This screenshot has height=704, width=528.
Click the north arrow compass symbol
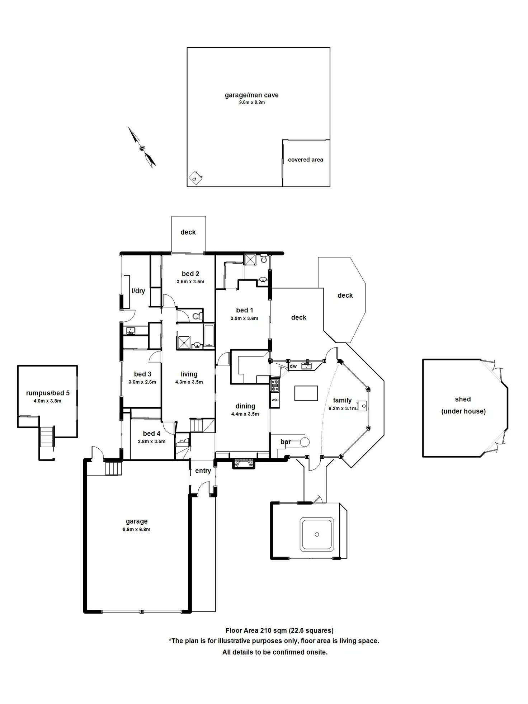click(142, 147)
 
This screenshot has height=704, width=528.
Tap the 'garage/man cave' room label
click(251, 95)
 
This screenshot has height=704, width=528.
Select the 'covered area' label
click(305, 160)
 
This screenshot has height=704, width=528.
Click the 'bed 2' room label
click(190, 274)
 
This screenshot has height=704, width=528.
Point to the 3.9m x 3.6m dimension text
click(244, 318)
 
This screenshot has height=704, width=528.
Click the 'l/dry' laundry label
click(138, 291)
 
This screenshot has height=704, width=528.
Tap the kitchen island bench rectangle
click(306, 393)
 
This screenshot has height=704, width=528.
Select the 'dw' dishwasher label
click(293, 366)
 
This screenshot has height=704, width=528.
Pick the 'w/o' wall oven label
click(275, 400)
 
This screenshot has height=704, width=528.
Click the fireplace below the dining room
click(244, 463)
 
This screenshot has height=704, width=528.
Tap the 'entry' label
click(203, 471)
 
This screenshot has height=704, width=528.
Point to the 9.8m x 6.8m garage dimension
click(136, 529)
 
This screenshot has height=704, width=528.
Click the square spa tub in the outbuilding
click(317, 534)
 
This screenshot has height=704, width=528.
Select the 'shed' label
click(463, 399)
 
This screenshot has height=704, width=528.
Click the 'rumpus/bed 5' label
click(48, 393)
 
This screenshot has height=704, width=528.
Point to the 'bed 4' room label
click(151, 434)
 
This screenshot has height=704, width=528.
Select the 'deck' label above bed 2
click(188, 232)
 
